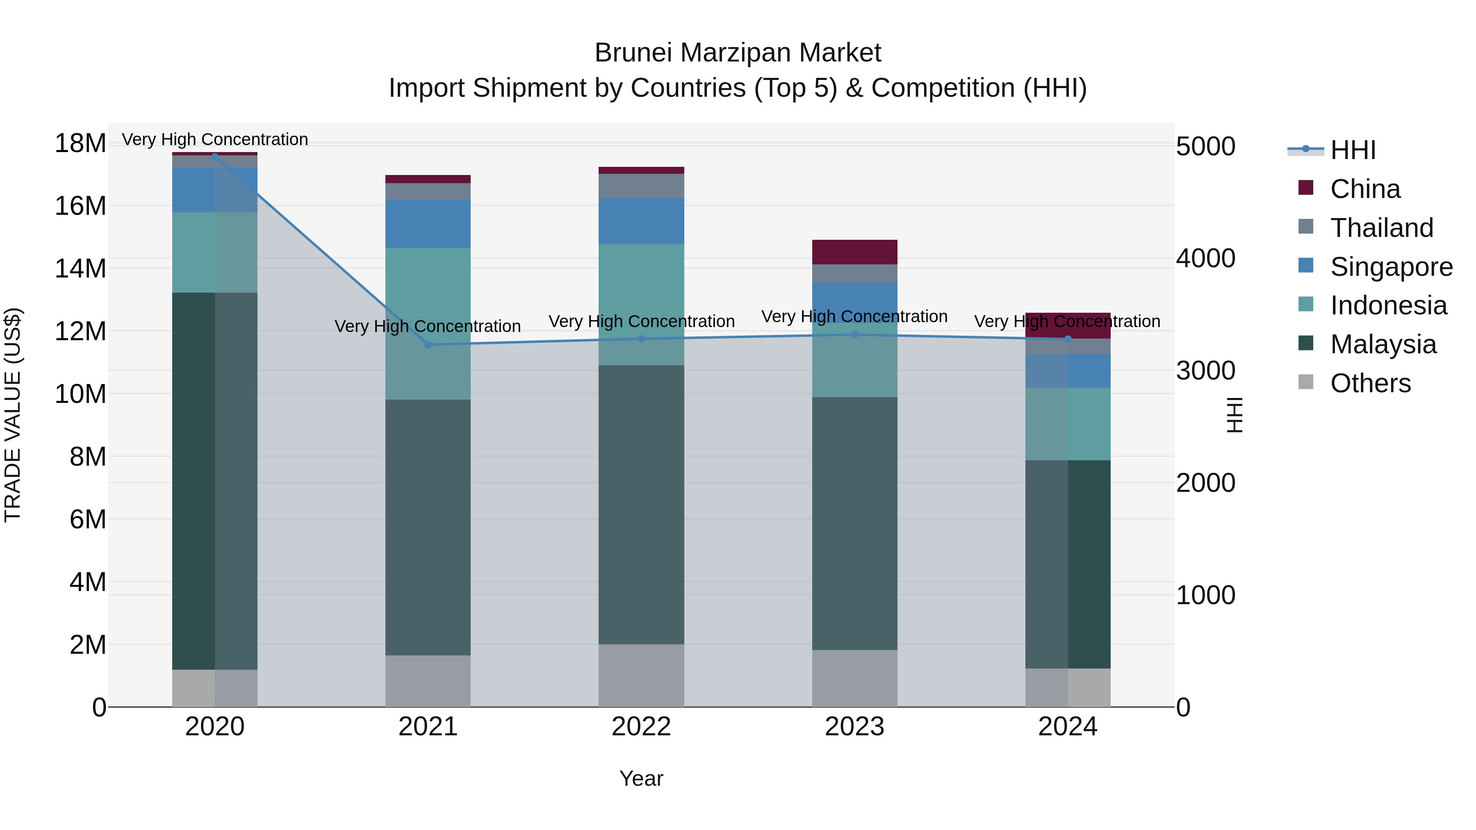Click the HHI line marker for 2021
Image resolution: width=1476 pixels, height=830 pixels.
(x=428, y=344)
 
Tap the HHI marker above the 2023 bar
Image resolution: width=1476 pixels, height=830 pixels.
(x=854, y=334)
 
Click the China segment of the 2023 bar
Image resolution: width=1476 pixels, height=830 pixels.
(x=854, y=252)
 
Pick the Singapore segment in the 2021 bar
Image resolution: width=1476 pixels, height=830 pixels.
(x=428, y=223)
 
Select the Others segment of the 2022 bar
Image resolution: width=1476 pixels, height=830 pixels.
(x=641, y=675)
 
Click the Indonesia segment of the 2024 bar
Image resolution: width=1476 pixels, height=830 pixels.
(x=1068, y=424)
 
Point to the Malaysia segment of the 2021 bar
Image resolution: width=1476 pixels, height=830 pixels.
(x=428, y=527)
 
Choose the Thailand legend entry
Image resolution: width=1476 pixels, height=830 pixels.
(x=1381, y=227)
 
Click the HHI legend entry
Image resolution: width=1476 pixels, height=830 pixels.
(x=1352, y=150)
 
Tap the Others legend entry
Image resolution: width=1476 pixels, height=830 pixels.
(x=1369, y=383)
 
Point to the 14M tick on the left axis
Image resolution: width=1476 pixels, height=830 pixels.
(x=80, y=268)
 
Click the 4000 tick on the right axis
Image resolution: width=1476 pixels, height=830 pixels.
(x=1205, y=258)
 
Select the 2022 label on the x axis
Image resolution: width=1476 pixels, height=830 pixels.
(x=641, y=727)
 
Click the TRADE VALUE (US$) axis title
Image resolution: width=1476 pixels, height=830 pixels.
(x=13, y=415)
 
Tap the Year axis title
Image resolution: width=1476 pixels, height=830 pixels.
(x=641, y=778)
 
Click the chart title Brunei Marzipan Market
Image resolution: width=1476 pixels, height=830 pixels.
(x=738, y=53)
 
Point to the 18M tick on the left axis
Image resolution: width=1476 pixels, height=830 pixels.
(x=80, y=143)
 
